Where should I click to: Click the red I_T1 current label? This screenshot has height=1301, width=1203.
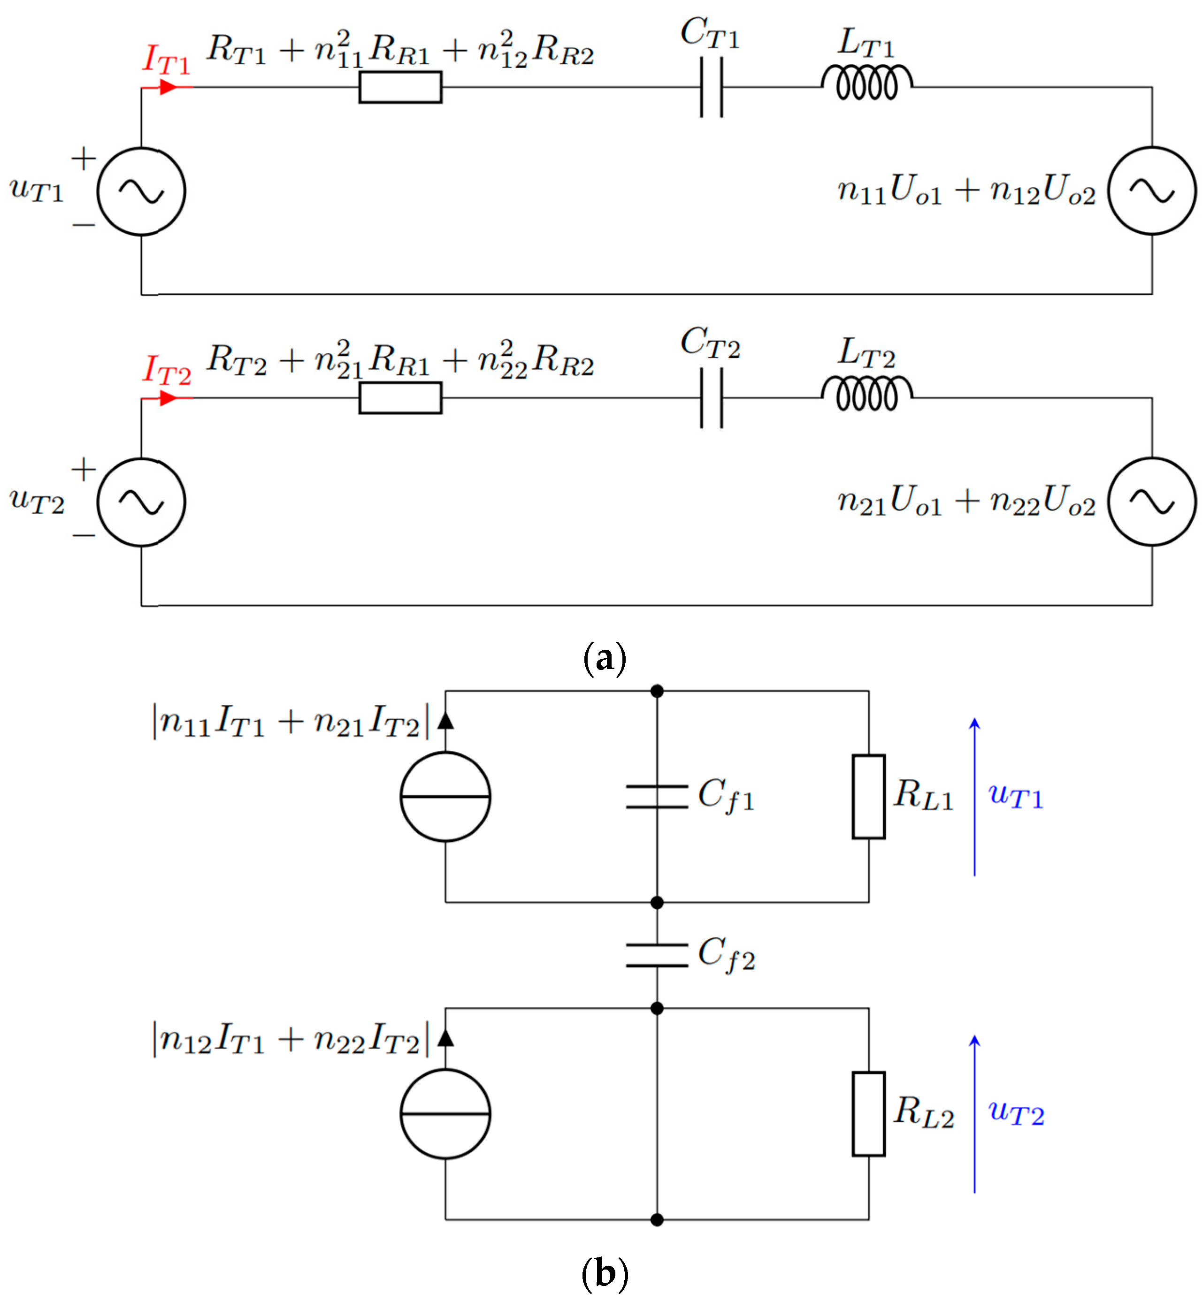(166, 61)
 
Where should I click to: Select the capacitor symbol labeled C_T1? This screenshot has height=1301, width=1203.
(712, 87)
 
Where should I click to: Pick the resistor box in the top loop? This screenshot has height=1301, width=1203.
(400, 87)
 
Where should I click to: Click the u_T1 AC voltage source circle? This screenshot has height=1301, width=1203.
(141, 191)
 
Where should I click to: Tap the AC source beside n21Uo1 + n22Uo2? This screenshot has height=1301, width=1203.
(1151, 502)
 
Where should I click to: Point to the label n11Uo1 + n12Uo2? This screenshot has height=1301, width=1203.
(966, 190)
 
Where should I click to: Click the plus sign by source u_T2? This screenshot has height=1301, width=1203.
(84, 469)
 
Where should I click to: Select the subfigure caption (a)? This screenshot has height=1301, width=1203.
(605, 658)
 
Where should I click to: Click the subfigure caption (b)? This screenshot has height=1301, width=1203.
(605, 1273)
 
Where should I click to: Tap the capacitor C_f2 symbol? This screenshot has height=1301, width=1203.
(657, 955)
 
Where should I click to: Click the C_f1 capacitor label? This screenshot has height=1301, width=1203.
(726, 795)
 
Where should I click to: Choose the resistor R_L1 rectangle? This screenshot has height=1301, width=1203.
(868, 797)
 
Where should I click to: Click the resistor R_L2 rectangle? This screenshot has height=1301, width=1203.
(868, 1114)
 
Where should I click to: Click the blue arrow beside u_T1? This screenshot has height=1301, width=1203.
(974, 797)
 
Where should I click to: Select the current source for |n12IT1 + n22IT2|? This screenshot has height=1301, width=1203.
(445, 1114)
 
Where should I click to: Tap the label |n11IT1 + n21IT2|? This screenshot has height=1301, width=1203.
(291, 723)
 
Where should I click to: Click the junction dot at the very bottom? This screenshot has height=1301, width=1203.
(657, 1220)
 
